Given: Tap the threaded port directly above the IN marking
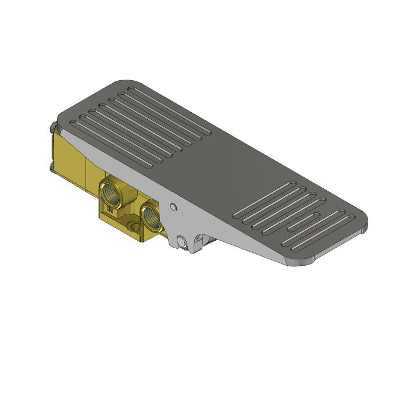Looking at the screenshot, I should tap(110, 194).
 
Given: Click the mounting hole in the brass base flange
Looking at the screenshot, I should tap(135, 226).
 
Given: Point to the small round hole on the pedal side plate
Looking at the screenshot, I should tap(172, 206).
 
